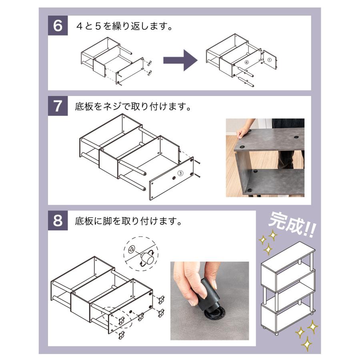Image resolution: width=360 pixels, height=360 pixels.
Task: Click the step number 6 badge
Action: (x=58, y=26)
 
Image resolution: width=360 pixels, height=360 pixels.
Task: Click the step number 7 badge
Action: (x=58, y=106)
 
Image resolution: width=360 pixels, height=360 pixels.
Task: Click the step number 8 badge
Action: (x=58, y=220)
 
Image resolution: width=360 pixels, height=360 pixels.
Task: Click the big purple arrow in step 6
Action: (x=180, y=60)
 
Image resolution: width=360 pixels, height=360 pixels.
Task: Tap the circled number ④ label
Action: (x=246, y=62)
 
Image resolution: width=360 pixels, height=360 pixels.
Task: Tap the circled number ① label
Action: (x=269, y=60)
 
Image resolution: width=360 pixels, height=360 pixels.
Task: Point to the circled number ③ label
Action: (x=180, y=173)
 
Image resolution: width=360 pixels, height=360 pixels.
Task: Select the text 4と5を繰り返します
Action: (x=124, y=26)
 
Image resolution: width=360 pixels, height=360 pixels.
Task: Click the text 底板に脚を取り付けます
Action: (x=128, y=221)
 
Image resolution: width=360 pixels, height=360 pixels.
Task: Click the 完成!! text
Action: (x=292, y=224)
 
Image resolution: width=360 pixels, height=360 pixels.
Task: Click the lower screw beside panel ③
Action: (x=198, y=176)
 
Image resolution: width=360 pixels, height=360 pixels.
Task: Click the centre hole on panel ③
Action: (x=174, y=178)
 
